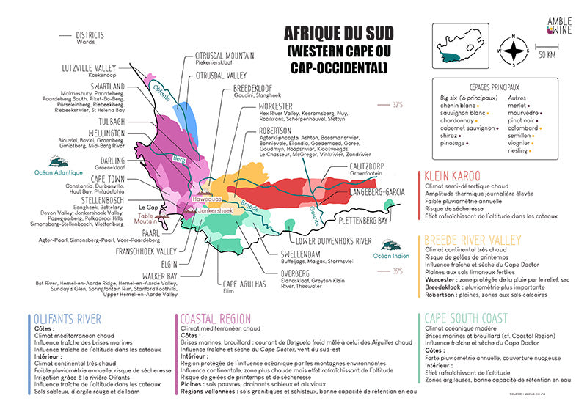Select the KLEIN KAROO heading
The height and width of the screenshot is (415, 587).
[x=451, y=176]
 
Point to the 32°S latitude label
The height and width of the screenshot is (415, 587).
[x=398, y=105]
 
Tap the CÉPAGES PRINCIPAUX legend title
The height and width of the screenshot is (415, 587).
[x=492, y=85]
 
